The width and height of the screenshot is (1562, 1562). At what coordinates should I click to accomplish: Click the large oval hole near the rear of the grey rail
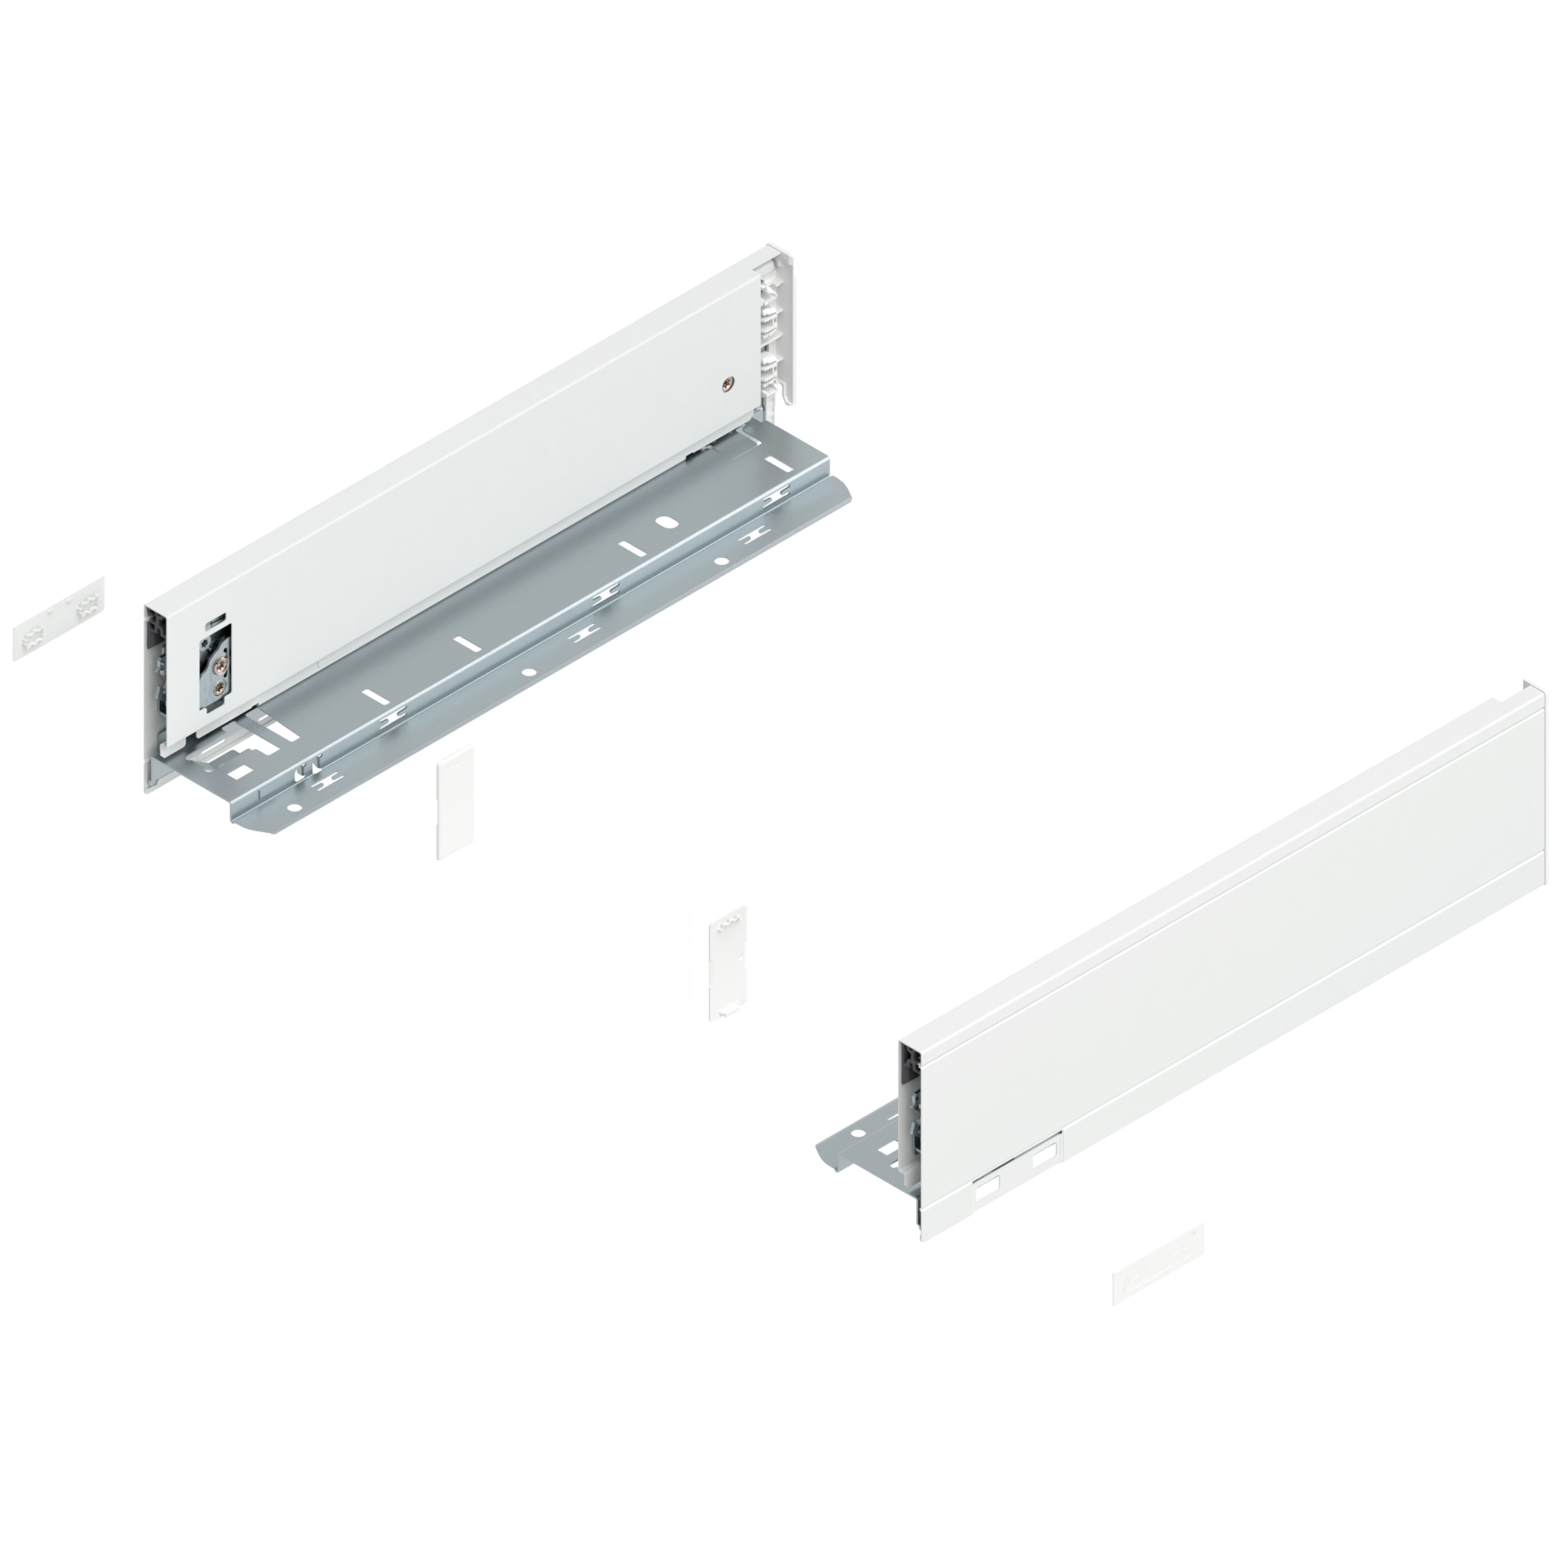pos(666,524)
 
